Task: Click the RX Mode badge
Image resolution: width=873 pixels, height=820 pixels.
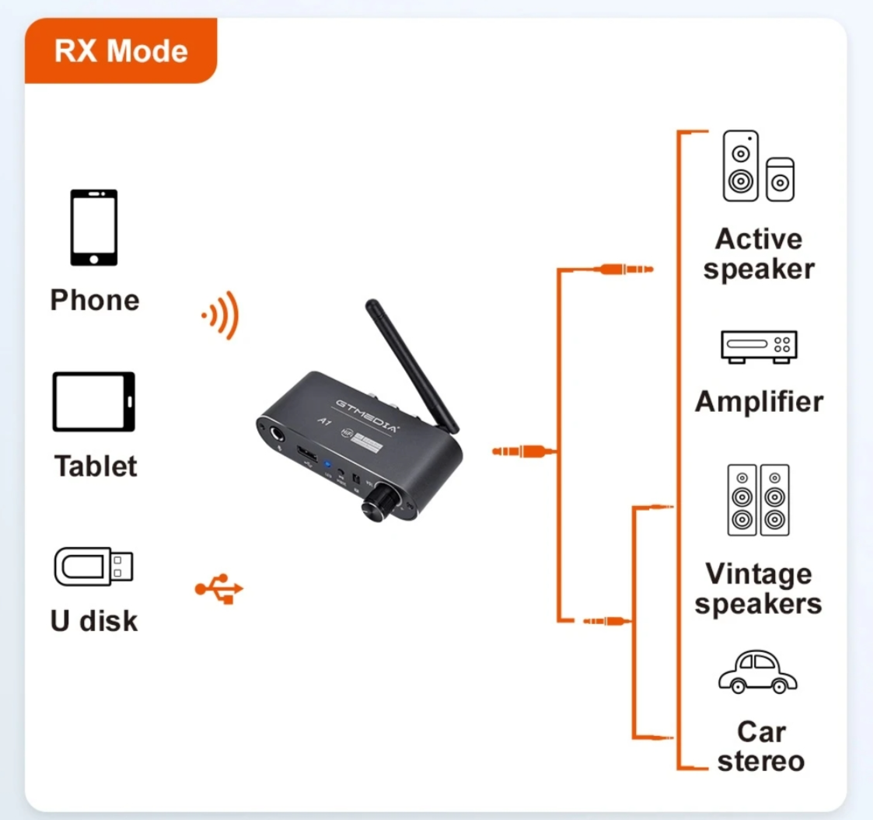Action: tap(121, 51)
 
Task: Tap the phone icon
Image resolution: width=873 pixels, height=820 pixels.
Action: tap(94, 228)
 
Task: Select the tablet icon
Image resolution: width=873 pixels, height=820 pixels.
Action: tap(94, 402)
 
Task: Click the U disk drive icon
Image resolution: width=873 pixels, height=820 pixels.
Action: tap(93, 566)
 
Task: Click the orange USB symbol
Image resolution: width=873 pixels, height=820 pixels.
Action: tap(219, 588)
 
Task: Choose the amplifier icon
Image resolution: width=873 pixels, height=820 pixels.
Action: tap(758, 346)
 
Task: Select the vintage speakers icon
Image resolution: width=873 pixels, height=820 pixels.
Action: tap(758, 500)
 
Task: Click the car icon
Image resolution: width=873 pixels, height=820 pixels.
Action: tap(757, 672)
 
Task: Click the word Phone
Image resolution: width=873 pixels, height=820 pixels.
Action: tap(95, 300)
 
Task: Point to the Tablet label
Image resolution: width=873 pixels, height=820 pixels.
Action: tap(95, 466)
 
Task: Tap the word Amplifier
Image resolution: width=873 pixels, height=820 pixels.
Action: tap(758, 402)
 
